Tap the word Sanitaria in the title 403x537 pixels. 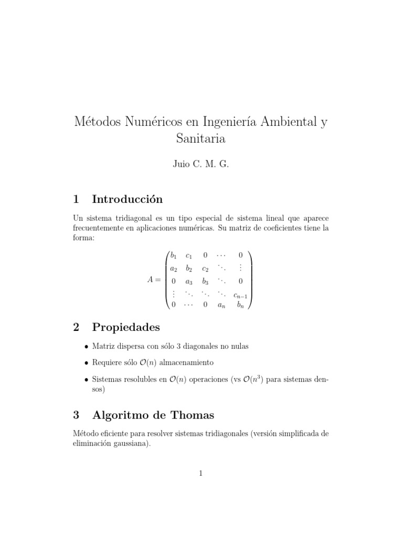(201, 138)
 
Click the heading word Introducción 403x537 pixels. (128, 199)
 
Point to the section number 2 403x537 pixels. (76, 327)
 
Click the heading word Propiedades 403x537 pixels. (126, 327)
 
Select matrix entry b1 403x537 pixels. (174, 255)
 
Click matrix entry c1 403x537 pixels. (189, 255)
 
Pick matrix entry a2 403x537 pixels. (174, 268)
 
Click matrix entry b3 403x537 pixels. (205, 281)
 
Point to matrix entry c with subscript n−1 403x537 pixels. (241, 294)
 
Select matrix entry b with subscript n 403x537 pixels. (240, 304)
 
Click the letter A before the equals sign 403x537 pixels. (151, 280)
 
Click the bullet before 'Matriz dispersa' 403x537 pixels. (86, 346)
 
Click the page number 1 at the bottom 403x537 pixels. (201, 474)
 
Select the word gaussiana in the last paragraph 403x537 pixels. (130, 443)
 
